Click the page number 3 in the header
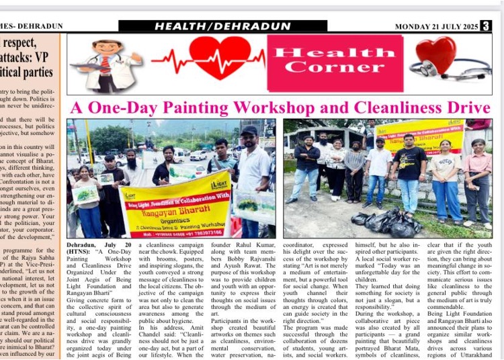(486, 26)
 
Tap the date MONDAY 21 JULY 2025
(436, 26)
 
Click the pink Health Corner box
(335, 62)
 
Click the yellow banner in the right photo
(419, 134)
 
